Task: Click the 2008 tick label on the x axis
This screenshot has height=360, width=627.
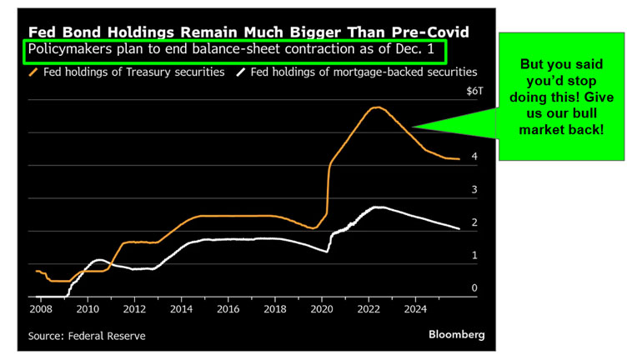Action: [39, 309]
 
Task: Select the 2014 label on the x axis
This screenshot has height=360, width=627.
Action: [181, 309]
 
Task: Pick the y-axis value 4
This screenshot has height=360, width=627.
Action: [474, 157]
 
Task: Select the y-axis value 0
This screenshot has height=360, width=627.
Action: [474, 288]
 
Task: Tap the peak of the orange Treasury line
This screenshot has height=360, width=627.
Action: [377, 107]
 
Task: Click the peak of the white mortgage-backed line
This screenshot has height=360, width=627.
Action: [380, 207]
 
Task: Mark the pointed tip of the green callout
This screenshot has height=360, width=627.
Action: [413, 127]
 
